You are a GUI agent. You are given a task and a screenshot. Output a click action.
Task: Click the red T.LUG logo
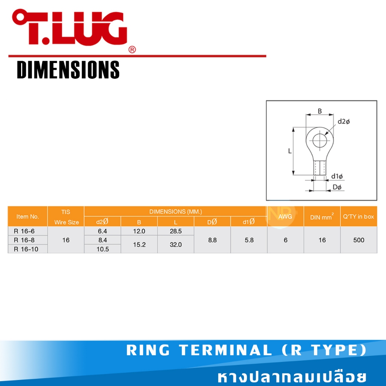coord(70,27)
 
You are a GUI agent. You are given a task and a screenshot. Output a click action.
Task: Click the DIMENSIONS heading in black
coord(68,70)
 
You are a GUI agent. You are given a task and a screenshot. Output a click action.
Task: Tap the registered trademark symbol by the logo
coord(132,50)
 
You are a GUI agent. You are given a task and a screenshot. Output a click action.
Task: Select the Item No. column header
coord(28,217)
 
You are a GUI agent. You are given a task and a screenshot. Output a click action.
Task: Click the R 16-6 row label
coord(24,231)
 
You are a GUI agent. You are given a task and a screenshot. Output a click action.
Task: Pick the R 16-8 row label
coord(24,240)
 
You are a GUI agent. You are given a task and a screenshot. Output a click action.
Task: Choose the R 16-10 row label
coord(26,249)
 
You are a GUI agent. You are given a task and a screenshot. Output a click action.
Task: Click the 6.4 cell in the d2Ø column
coord(103,231)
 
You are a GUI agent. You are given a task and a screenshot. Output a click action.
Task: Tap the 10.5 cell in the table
coord(103,249)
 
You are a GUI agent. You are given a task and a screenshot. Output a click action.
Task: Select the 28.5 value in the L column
coord(176,231)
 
